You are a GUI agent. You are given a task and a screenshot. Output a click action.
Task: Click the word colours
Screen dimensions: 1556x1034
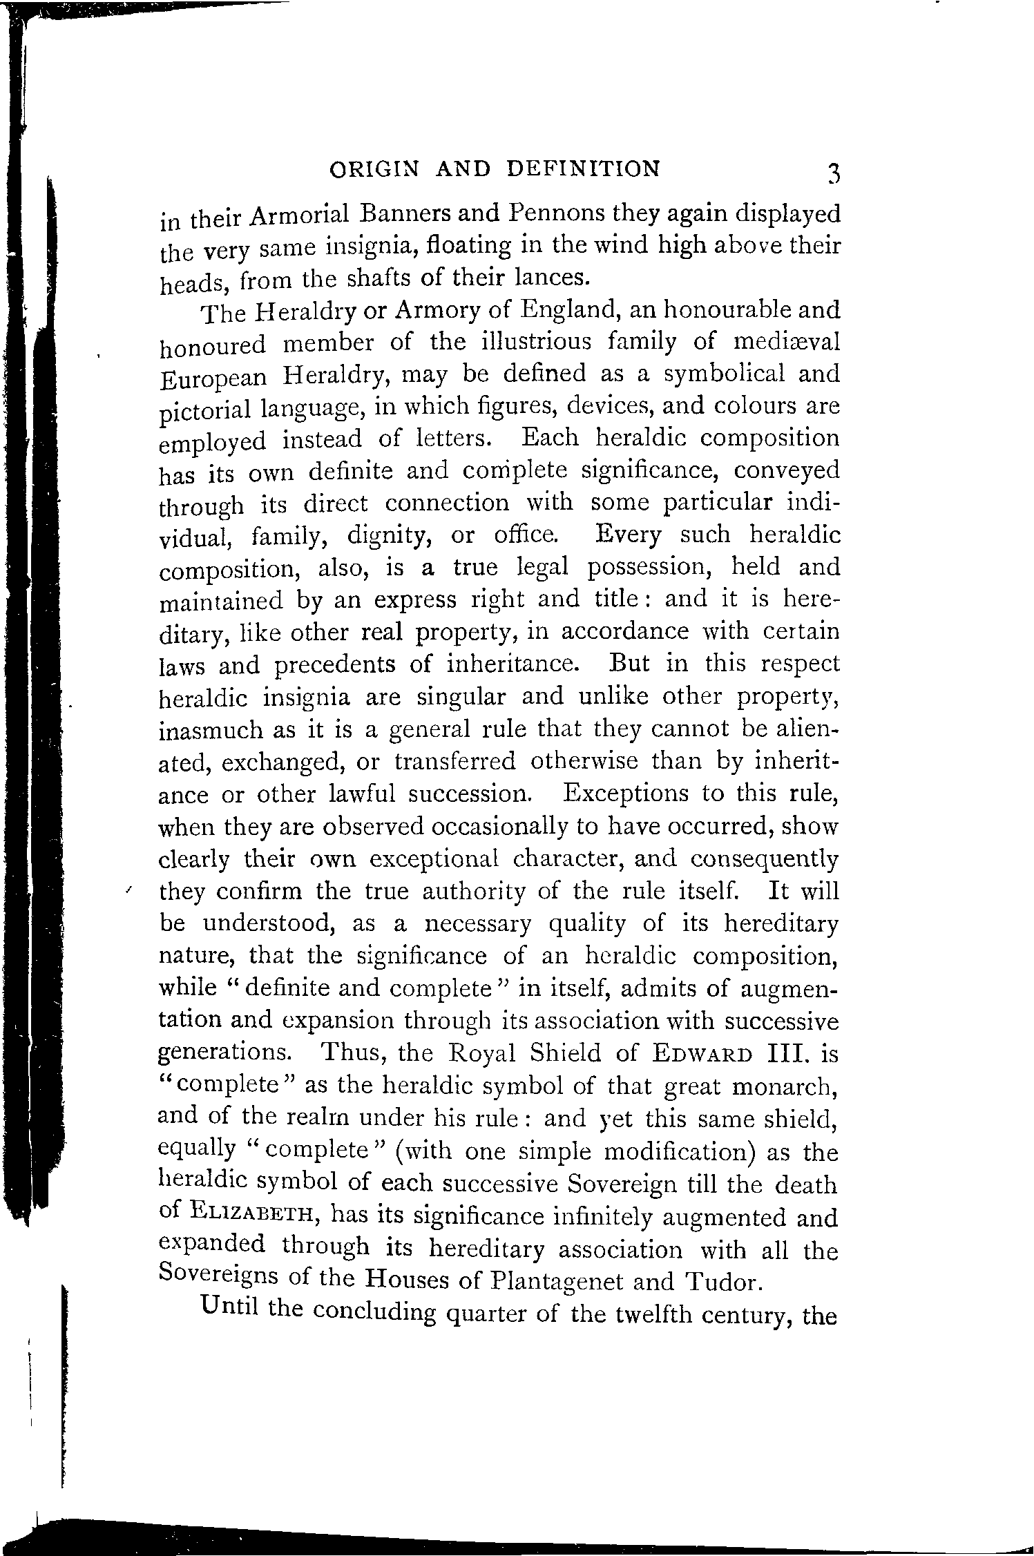(x=756, y=406)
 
